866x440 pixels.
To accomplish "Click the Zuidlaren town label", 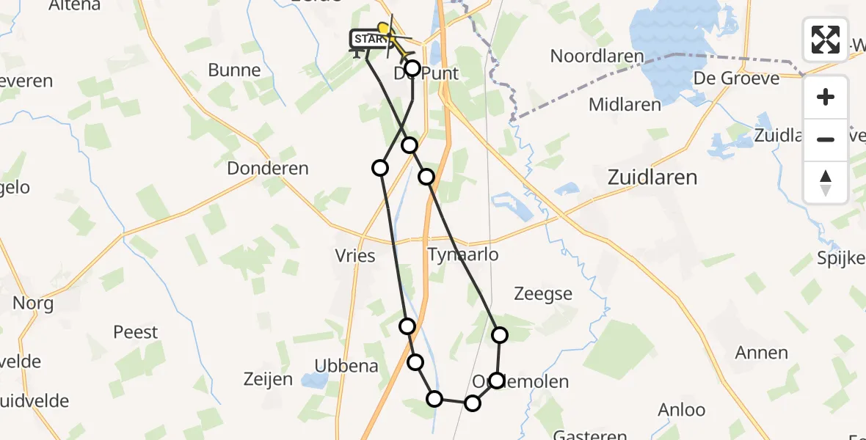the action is [x=652, y=177].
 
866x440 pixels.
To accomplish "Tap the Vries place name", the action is [x=355, y=256].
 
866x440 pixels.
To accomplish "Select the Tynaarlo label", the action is [x=463, y=254].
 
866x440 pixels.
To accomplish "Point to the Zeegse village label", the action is [x=543, y=294].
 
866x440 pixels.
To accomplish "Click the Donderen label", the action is [x=268, y=169].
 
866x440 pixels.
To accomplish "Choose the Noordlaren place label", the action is [x=597, y=56].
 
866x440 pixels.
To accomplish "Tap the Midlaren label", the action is [x=625, y=105].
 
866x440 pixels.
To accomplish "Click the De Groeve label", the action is [x=737, y=78].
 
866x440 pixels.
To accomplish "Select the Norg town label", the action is [x=33, y=303].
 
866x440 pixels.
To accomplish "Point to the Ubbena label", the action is [x=346, y=366].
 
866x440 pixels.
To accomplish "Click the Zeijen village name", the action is [x=268, y=379].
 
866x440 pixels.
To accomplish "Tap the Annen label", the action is [x=761, y=353].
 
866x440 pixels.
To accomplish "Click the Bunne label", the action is [x=234, y=70].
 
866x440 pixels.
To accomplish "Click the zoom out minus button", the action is [x=826, y=139].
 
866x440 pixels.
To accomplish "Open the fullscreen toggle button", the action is [x=826, y=39].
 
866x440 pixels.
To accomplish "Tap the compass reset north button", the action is [x=826, y=182].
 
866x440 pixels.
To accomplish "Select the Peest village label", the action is [x=135, y=332].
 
